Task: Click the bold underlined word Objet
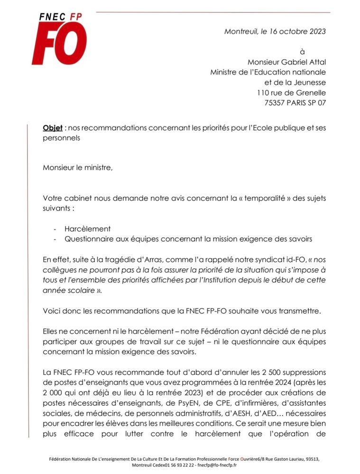[x=52, y=128]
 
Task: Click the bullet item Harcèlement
[x=88, y=229]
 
